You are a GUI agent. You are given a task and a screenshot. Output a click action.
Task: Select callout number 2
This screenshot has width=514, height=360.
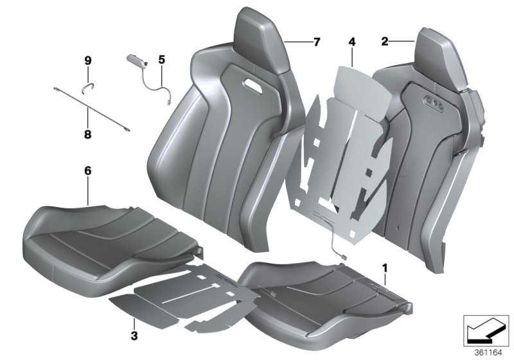pyautogui.click(x=384, y=42)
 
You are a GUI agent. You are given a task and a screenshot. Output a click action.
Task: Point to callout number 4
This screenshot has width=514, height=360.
pyautogui.click(x=351, y=42)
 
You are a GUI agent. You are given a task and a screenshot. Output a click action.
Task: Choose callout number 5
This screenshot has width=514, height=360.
pyautogui.click(x=161, y=60)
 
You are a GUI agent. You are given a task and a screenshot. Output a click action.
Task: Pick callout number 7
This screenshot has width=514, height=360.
pyautogui.click(x=315, y=42)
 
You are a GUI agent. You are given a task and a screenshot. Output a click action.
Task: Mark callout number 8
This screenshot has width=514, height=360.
pyautogui.click(x=88, y=135)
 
